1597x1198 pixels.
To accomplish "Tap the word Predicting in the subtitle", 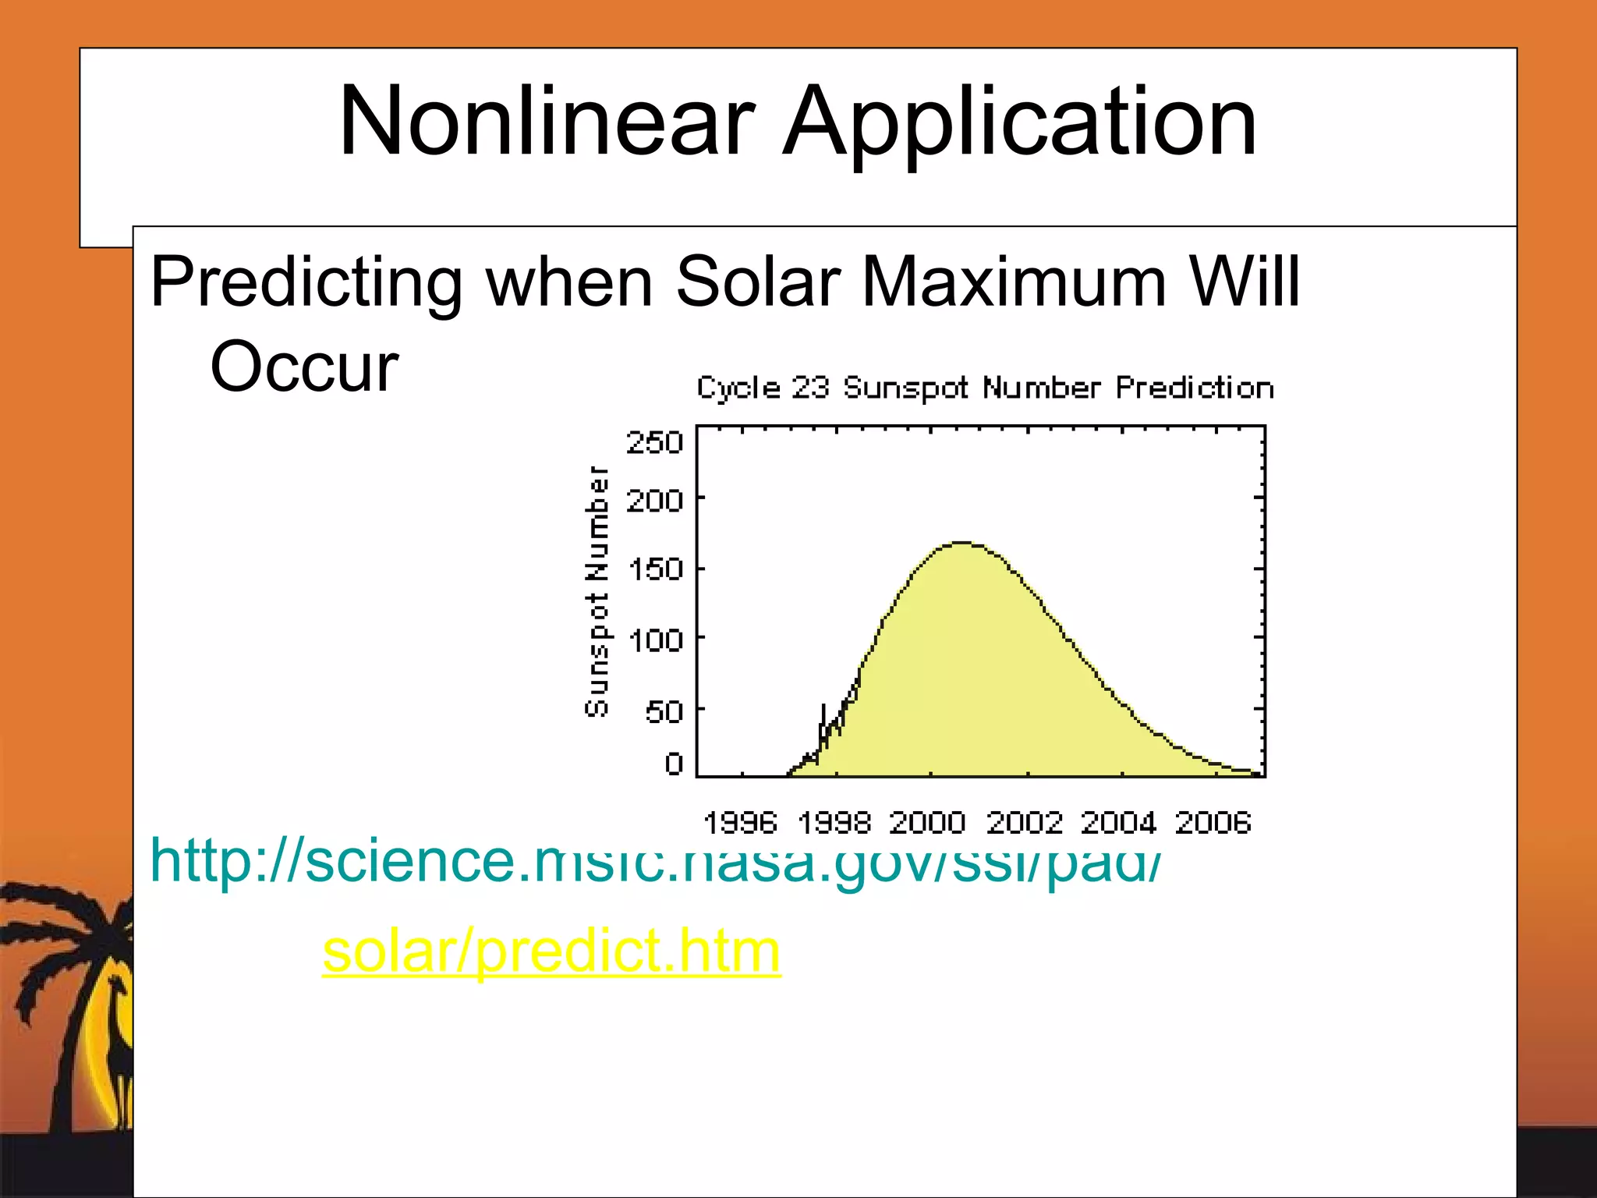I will pyautogui.click(x=306, y=282).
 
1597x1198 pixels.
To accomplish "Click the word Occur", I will pyautogui.click(x=304, y=367).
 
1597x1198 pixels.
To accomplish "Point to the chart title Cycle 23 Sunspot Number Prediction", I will pyautogui.click(x=985, y=388).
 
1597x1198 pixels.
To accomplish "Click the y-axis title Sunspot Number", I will pyautogui.click(x=597, y=590).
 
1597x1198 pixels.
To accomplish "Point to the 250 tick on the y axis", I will pyautogui.click(x=654, y=442).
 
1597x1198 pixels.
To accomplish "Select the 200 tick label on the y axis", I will pyautogui.click(x=654, y=500).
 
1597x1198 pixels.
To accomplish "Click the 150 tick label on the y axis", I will pyautogui.click(x=654, y=569).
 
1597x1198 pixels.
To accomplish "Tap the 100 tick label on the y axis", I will pyautogui.click(x=654, y=640).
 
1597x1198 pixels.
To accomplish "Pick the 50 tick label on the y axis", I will pyautogui.click(x=664, y=711).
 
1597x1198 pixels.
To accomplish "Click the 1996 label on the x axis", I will pyautogui.click(x=740, y=822).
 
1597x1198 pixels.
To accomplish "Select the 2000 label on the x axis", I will pyautogui.click(x=927, y=822).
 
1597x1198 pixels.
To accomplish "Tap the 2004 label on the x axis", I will pyautogui.click(x=1117, y=822).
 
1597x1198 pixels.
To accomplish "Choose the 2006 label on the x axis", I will pyautogui.click(x=1213, y=822).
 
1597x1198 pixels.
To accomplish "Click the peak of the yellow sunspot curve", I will pyautogui.click(x=962, y=543).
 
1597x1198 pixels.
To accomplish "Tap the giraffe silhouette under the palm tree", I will pyautogui.click(x=119, y=1045).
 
